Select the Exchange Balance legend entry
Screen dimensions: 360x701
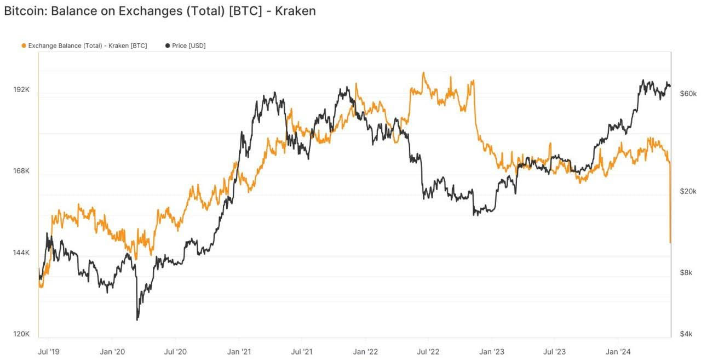[87, 45]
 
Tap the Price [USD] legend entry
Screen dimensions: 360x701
[188, 45]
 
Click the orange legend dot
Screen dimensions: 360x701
[24, 45]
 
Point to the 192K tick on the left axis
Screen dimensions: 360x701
[21, 89]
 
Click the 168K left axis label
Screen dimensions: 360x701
[21, 171]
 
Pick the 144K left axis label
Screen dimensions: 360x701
[21, 253]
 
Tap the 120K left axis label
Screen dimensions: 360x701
[21, 334]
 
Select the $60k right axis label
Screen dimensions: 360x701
[687, 94]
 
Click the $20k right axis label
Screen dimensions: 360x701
[687, 191]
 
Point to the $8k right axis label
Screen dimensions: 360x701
[686, 272]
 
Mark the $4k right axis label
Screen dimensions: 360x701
[686, 334]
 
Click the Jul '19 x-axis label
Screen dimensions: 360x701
[49, 351]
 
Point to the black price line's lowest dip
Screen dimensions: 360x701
[137, 319]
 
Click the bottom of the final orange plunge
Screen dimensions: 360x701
[670, 242]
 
